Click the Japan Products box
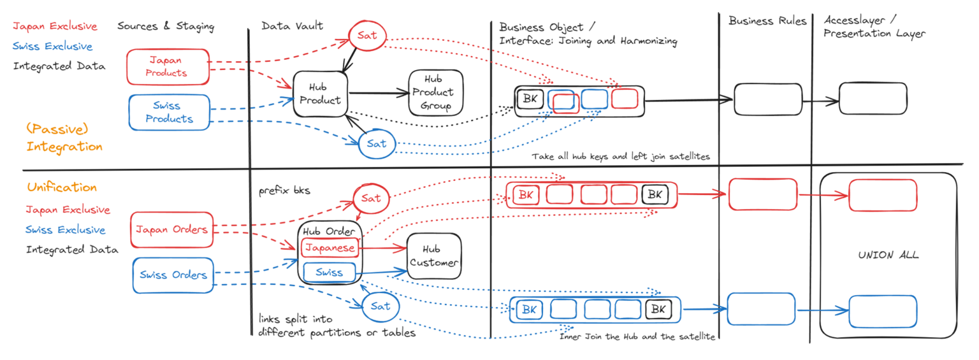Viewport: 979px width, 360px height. click(168, 66)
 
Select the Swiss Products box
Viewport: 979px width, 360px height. click(169, 112)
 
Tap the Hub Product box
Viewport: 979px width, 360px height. click(321, 93)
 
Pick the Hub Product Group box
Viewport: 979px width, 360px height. click(435, 92)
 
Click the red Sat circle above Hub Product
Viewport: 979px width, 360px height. click(367, 35)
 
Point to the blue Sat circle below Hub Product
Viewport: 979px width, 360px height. click(376, 143)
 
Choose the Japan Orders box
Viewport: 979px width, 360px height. click(172, 229)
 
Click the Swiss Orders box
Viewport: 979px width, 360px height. click(173, 275)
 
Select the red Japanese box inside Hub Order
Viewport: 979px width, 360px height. click(330, 247)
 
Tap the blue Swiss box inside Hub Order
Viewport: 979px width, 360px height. click(330, 273)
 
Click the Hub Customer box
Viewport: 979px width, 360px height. click(433, 256)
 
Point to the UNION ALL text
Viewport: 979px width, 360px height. click(888, 255)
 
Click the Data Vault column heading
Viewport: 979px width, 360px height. click(292, 26)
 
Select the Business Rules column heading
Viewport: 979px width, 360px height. click(767, 21)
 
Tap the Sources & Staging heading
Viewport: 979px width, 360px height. click(166, 26)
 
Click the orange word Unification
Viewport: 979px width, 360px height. click(62, 187)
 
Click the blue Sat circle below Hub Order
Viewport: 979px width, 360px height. click(380, 306)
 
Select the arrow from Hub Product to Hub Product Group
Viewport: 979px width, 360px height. click(379, 93)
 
